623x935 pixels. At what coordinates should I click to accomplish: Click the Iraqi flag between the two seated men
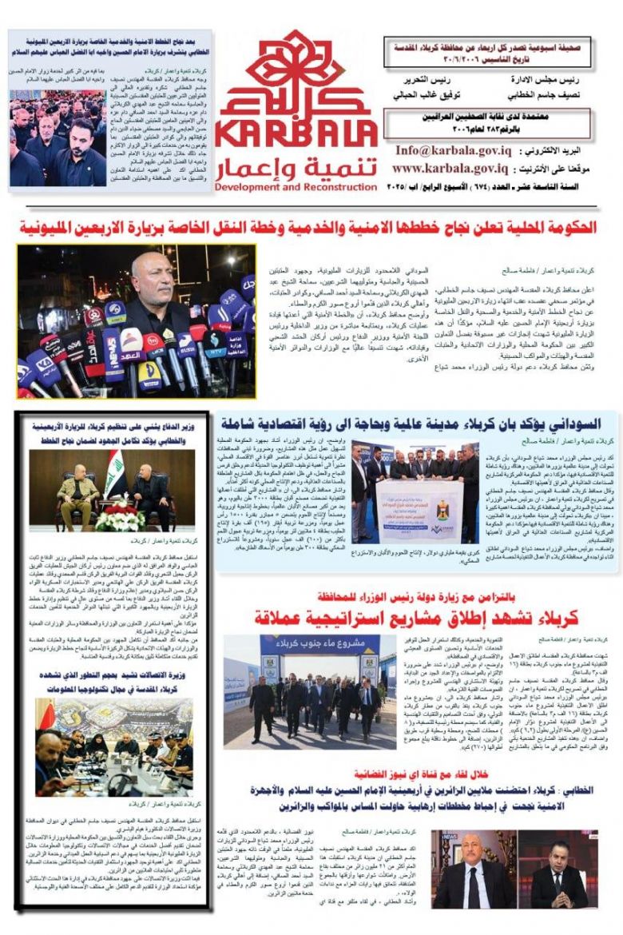113,473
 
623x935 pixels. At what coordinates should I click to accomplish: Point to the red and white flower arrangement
118,517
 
